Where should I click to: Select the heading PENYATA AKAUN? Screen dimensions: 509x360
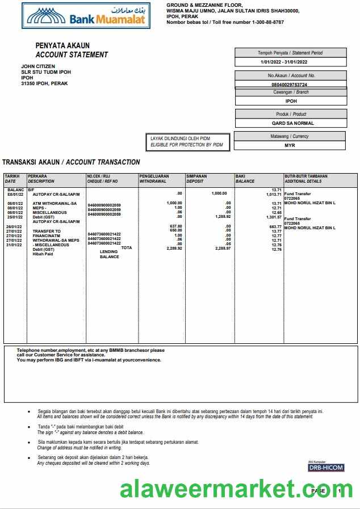pos(62,45)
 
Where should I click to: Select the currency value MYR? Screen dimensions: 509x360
pos(290,145)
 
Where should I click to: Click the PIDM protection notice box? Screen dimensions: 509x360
pos(187,142)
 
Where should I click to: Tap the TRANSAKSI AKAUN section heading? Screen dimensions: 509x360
pos(71,162)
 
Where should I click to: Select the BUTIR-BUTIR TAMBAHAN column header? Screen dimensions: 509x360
pos(306,179)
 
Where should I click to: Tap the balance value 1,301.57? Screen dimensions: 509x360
pos(273,217)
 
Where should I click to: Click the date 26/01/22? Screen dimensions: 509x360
pos(15,226)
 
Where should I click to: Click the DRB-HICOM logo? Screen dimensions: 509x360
pos(326,468)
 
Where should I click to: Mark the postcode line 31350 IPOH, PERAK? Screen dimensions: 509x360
pos(44,83)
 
